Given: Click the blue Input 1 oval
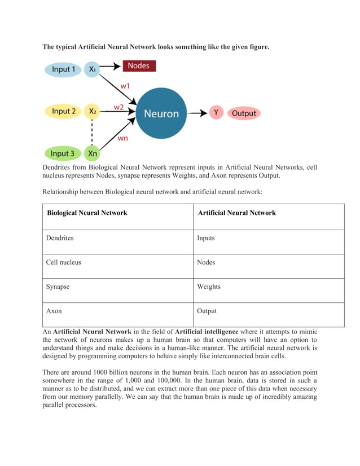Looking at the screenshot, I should tap(63, 69).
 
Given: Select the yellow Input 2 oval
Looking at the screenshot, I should tap(63, 111).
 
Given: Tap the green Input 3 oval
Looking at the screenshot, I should tap(62, 153).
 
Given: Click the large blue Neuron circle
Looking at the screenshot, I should tap(161, 113).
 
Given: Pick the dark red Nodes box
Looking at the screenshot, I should tap(138, 66).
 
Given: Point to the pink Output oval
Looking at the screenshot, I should tap(244, 113).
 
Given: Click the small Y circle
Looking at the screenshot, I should tap(216, 113).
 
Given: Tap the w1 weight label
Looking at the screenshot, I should tap(125, 86).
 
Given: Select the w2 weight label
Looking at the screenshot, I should tap(118, 107).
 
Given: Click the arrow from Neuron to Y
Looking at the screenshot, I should tap(197, 113).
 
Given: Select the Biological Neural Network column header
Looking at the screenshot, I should tap(87, 213).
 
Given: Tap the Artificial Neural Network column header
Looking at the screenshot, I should tap(236, 213).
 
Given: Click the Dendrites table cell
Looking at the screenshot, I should tap(60, 238).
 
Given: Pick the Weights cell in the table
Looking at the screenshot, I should tap(209, 287).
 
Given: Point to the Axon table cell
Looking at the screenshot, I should tap(54, 311).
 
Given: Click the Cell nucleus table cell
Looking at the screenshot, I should tap(63, 262).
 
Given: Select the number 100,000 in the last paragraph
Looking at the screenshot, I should tap(168, 381).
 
